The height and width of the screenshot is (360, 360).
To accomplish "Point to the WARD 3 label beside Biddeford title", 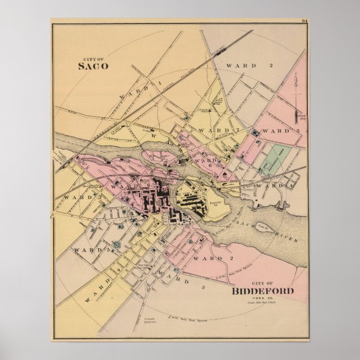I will pos(173,278).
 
